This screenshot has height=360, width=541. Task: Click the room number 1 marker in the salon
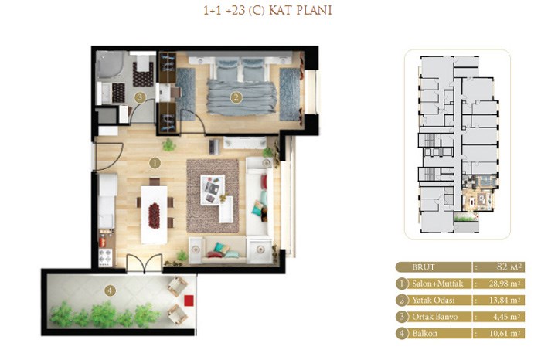click(x=155, y=163)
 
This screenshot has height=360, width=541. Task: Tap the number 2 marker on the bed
click(x=236, y=97)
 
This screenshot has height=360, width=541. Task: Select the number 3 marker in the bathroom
click(x=140, y=97)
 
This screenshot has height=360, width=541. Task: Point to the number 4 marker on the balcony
click(x=110, y=290)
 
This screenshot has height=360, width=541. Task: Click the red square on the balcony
click(x=189, y=301)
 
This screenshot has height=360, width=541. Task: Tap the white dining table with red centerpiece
click(x=155, y=215)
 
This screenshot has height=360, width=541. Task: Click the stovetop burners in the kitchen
click(x=105, y=257)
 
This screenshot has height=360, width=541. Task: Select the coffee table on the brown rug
click(x=213, y=190)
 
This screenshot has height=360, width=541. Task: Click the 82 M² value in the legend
click(x=510, y=267)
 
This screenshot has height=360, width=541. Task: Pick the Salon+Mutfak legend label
click(x=437, y=284)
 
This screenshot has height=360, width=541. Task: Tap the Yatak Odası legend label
click(x=433, y=301)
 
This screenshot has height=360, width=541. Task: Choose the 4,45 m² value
click(x=505, y=317)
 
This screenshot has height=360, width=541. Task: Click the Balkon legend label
click(x=424, y=334)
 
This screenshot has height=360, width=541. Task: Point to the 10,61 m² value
click(x=505, y=334)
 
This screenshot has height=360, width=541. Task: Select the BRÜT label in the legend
click(x=424, y=267)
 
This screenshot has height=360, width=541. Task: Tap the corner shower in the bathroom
click(x=110, y=66)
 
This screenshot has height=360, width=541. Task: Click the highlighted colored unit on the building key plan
click(x=479, y=193)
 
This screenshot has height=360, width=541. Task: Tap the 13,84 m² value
click(x=505, y=301)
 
